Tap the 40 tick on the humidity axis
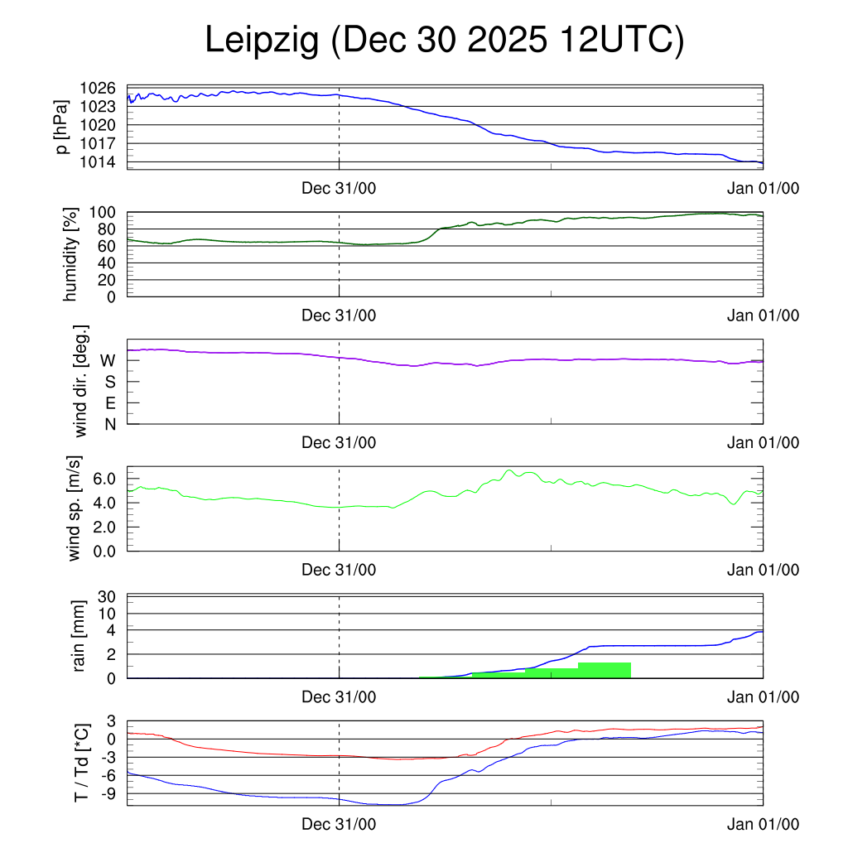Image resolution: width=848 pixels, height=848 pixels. (107, 263)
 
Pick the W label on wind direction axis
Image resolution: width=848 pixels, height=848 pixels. (108, 360)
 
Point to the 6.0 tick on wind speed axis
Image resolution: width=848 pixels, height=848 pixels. (103, 479)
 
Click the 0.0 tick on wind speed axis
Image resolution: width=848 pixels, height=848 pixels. (103, 550)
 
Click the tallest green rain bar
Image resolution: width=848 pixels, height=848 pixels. (605, 670)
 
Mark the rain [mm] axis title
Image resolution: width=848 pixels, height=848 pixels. (80, 635)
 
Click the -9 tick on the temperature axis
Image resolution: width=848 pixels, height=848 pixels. (108, 793)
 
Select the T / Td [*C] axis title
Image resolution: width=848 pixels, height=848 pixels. (81, 763)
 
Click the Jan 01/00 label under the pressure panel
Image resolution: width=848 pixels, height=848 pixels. (763, 188)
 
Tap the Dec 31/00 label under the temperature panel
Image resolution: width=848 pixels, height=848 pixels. (339, 824)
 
